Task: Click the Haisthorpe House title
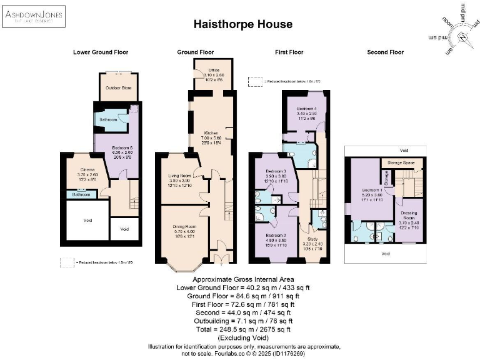click(242, 24)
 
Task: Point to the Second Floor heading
click(386, 52)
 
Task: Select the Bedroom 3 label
click(276, 171)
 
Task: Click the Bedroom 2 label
click(276, 239)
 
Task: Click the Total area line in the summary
click(242, 327)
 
